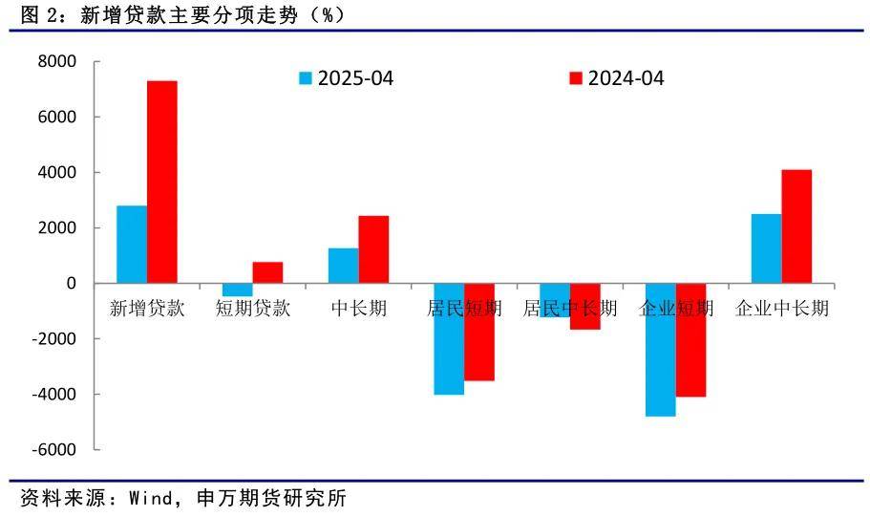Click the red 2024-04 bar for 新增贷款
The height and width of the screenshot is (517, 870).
[162, 183]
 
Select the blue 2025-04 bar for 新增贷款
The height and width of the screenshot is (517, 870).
[132, 245]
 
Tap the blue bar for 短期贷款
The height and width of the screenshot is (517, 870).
[238, 290]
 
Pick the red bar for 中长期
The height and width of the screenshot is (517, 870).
[373, 249]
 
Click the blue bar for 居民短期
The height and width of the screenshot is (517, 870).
[449, 338]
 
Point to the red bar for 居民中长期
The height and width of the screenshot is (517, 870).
[585, 306]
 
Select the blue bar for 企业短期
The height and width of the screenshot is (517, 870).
[661, 350]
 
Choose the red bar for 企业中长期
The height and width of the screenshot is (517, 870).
[796, 226]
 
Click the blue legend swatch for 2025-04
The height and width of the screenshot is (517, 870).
[306, 78]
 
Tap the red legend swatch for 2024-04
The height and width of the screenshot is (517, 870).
[576, 78]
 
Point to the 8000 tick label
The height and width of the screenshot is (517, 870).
[57, 61]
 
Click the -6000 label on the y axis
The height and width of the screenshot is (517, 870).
[54, 449]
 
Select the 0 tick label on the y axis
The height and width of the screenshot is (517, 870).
[71, 283]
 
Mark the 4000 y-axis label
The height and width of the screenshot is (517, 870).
[57, 172]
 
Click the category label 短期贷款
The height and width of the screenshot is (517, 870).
[253, 308]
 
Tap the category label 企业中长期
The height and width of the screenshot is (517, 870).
[782, 308]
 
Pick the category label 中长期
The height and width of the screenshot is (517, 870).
[359, 308]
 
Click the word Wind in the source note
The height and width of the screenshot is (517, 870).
[151, 498]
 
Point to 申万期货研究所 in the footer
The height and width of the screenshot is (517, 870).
[272, 498]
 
